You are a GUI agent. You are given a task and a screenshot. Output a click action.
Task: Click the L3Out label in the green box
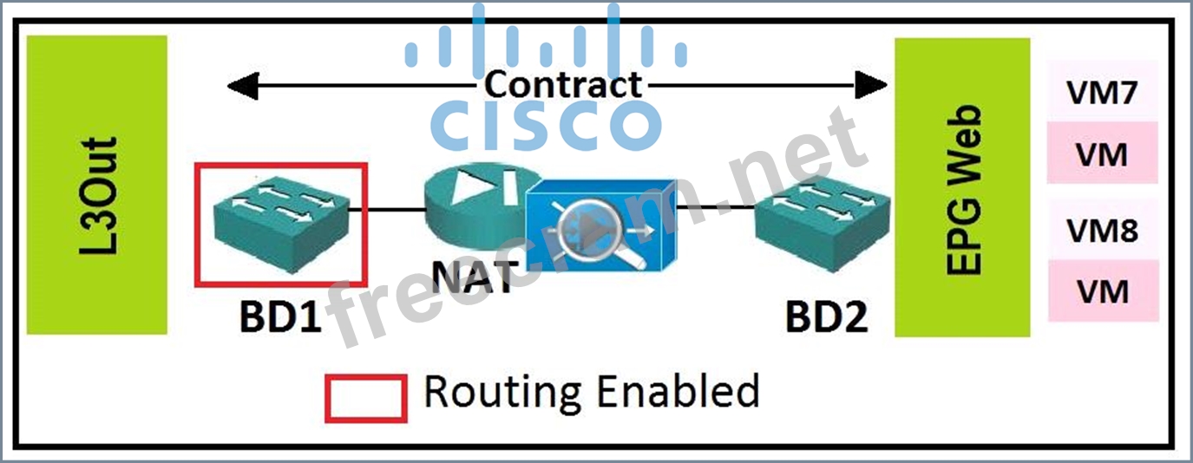tap(97, 195)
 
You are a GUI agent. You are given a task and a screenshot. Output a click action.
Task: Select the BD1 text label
tap(280, 318)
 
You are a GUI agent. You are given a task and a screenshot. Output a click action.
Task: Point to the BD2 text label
tap(825, 318)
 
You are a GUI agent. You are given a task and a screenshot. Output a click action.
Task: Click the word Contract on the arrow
tap(562, 85)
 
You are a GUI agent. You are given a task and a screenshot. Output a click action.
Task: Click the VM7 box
tap(1102, 93)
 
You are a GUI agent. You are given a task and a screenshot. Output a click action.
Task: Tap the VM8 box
tap(1102, 231)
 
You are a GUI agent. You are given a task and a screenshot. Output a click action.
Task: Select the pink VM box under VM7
tap(1102, 154)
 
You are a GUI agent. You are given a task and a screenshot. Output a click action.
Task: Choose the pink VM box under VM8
tap(1102, 291)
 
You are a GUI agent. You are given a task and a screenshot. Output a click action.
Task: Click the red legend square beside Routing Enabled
tap(365, 398)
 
